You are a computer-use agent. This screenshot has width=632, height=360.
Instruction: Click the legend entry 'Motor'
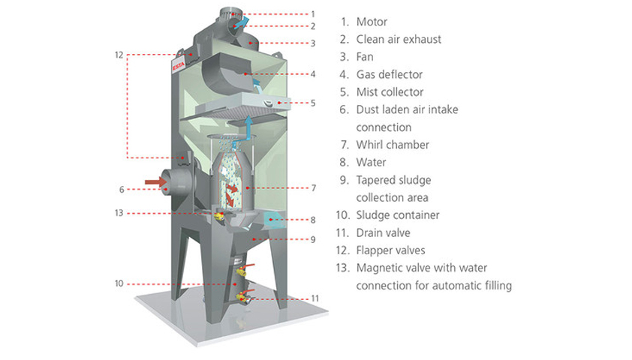[x=372, y=22]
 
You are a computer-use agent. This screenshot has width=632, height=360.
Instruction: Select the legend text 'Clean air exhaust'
[x=399, y=39]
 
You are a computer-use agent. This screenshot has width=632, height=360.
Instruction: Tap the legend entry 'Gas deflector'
[x=390, y=74]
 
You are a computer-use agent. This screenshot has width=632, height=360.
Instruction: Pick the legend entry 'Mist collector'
[x=390, y=92]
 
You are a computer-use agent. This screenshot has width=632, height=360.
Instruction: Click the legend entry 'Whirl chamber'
[x=393, y=145]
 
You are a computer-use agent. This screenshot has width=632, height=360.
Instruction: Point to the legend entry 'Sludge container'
[x=398, y=215]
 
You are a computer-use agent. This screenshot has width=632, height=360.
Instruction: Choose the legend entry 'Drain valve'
[x=383, y=232]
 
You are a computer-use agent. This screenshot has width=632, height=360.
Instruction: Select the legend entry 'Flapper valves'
[x=392, y=250]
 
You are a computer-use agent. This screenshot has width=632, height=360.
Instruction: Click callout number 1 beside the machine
[x=313, y=13]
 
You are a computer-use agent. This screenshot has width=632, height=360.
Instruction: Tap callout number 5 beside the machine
[x=313, y=102]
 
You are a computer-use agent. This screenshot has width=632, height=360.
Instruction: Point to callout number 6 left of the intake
[x=122, y=189]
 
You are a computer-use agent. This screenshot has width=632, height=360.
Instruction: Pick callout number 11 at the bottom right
[x=315, y=298]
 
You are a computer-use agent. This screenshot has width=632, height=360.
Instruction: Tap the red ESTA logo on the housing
[x=179, y=64]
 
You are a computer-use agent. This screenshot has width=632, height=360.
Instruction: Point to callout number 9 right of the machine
[x=313, y=239]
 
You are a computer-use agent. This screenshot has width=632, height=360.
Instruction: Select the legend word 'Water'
[x=372, y=162]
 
